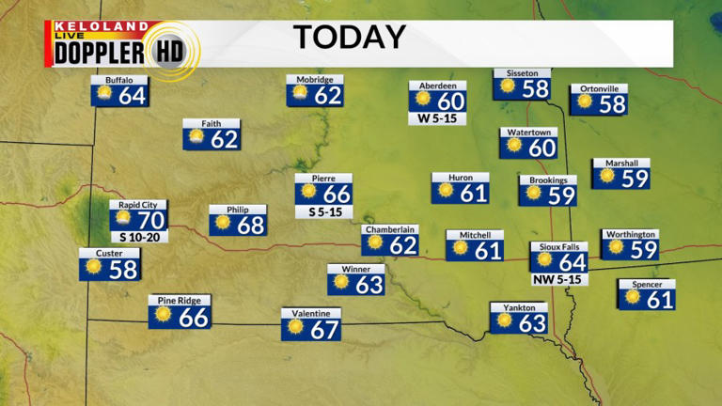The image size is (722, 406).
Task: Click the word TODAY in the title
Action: pyautogui.click(x=350, y=37)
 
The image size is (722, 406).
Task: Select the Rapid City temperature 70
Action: pyautogui.click(x=151, y=221)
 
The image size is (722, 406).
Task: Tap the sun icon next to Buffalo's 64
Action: pyautogui.click(x=104, y=94)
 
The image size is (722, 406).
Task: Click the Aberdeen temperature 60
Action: pyautogui.click(x=451, y=101)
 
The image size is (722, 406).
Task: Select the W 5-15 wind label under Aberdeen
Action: pyautogui.click(x=437, y=118)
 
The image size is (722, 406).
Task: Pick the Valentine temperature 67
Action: pyautogui.click(x=324, y=329)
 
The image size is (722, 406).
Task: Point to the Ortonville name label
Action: pyautogui.click(x=598, y=88)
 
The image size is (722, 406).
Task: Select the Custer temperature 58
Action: pyautogui.click(x=123, y=269)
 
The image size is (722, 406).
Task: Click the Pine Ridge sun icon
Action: pyautogui.click(x=164, y=315)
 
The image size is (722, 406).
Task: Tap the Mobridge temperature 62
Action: pyautogui.click(x=328, y=95)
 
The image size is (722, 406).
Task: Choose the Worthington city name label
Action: pyautogui.click(x=630, y=234)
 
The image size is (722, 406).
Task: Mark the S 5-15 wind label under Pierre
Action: pyautogui.click(x=323, y=211)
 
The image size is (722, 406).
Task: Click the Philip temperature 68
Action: pyautogui.click(x=251, y=226)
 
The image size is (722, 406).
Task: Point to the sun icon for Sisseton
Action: pyautogui.click(x=509, y=86)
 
